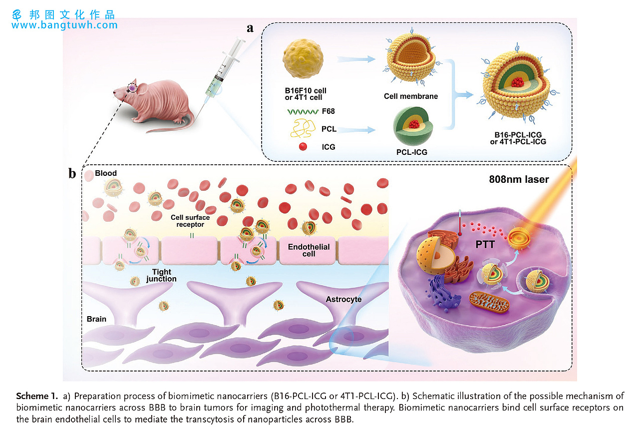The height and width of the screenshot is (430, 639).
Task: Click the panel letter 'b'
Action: [72, 173]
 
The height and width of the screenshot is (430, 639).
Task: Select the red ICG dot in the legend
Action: [301, 147]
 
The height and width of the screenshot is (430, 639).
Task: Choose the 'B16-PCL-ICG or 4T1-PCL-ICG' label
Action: [518, 138]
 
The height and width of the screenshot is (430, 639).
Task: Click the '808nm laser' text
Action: [519, 179]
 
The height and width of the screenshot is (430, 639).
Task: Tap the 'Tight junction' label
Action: [161, 275]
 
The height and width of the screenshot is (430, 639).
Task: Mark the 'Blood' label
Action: [106, 173]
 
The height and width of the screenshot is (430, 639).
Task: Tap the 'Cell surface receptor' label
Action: [190, 221]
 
